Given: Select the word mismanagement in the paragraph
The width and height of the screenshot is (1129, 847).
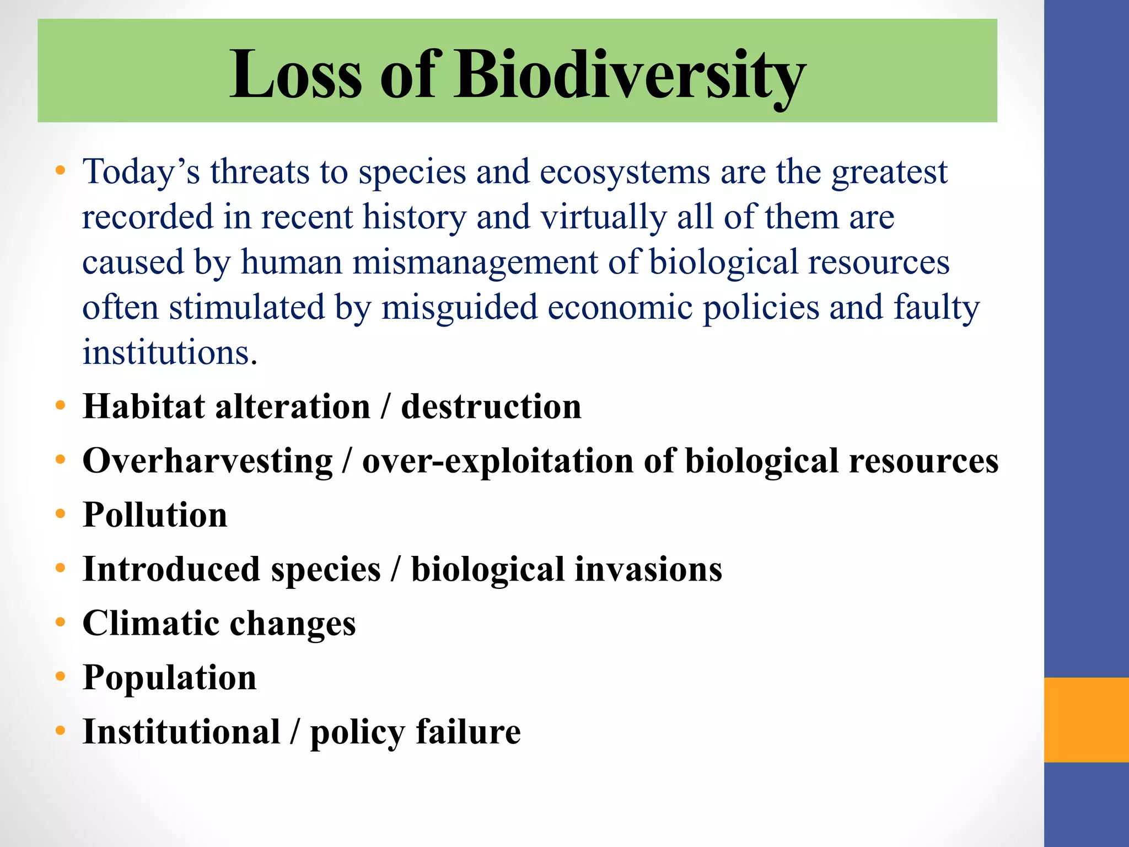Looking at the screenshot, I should (475, 262).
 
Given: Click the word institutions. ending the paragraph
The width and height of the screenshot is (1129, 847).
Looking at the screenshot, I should (170, 352).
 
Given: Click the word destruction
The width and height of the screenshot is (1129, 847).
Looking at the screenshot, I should (491, 406).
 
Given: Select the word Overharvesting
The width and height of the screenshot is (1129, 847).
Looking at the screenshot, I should (207, 461).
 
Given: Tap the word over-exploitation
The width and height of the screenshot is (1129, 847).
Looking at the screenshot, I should (497, 461).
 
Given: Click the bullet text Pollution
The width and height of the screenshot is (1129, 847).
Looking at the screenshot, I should (155, 515).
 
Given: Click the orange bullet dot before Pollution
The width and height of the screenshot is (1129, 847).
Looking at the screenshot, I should (61, 514).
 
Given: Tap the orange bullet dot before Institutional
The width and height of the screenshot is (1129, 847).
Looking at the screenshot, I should (61, 731).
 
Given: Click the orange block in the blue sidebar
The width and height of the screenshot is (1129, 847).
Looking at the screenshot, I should (1086, 720).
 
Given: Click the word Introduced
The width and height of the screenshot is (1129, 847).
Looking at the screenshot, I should (171, 569).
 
